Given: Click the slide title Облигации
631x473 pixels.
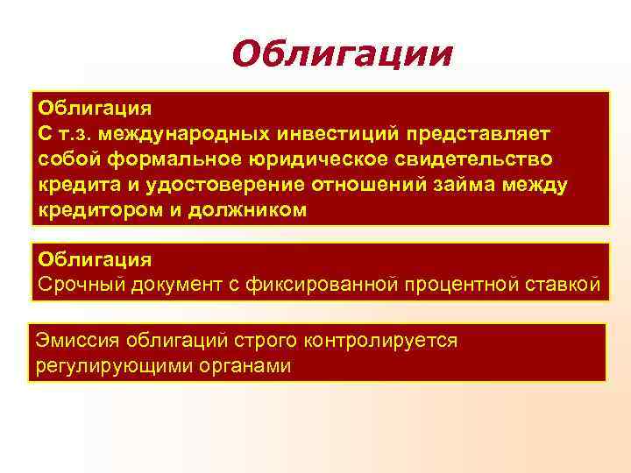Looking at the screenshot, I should pyautogui.click(x=343, y=54).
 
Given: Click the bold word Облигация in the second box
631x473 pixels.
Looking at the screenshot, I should pyautogui.click(x=95, y=259).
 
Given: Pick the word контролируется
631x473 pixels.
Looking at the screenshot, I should pyautogui.click(x=382, y=339).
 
